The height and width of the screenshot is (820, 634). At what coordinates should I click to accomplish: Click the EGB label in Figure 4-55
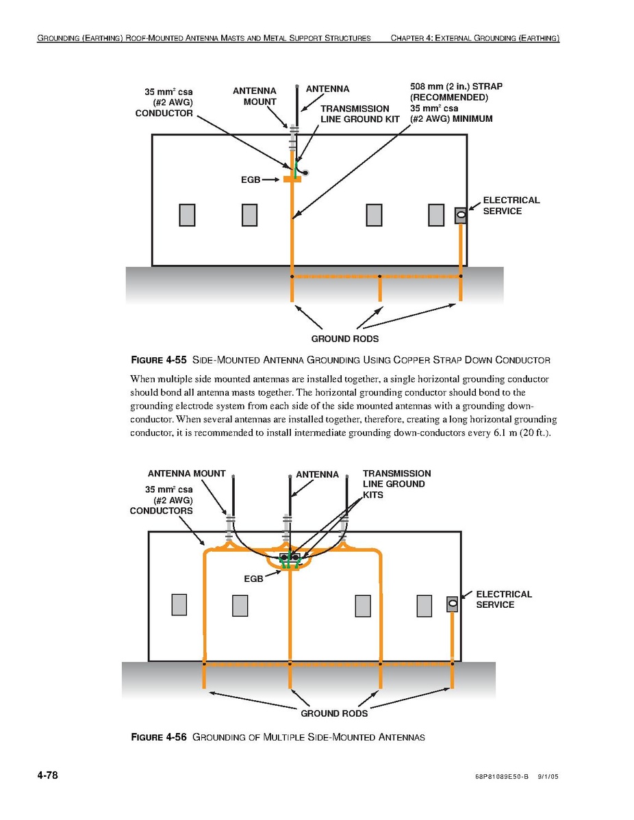click(250, 179)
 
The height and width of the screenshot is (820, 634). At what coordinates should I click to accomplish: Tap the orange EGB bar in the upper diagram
click(292, 179)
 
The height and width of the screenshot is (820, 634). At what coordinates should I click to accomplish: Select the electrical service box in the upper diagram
click(461, 216)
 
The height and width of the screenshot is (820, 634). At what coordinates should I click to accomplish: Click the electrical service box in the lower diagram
click(452, 604)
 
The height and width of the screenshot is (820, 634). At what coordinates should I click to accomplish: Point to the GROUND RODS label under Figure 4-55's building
click(344, 339)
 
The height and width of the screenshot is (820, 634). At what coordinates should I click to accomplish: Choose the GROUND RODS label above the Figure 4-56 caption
click(334, 713)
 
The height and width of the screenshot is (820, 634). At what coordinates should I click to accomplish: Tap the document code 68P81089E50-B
click(501, 778)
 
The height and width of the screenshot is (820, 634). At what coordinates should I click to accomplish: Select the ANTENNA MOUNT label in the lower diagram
click(186, 474)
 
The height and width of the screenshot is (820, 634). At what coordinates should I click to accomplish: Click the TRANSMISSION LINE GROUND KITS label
click(396, 484)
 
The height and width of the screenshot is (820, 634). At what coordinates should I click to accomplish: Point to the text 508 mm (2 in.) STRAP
click(456, 87)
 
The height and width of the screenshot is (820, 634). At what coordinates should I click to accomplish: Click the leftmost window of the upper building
click(187, 215)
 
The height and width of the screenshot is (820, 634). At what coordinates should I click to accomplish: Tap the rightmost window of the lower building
click(424, 606)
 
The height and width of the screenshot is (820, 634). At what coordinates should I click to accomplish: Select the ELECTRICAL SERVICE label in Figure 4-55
click(511, 205)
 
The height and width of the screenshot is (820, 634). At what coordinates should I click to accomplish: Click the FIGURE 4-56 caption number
click(158, 737)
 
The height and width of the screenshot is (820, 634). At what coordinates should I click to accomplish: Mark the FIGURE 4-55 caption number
click(158, 360)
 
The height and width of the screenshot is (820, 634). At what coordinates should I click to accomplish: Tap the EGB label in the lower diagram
click(253, 578)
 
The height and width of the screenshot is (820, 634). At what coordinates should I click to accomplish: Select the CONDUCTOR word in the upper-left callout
click(164, 114)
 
